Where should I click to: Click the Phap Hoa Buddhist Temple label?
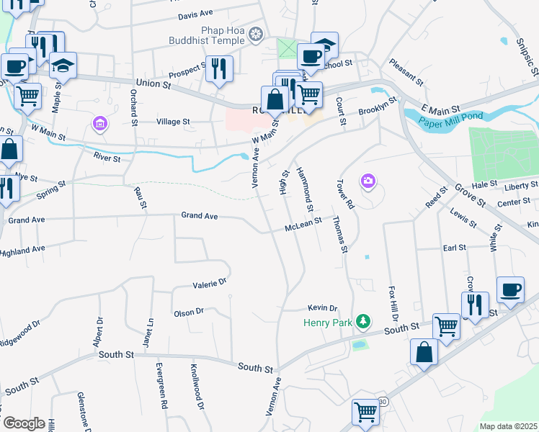pos(209,37)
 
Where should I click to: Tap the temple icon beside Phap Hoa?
pos(254,35)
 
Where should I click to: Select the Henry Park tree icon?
pos(365,321)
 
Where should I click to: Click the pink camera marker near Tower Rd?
pos(368,180)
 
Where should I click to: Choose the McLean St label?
pos(303,227)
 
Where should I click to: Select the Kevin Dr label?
pos(322,307)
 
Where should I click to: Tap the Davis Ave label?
pos(196,14)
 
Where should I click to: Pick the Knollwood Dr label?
pos(194,384)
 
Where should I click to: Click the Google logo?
pos(24,423)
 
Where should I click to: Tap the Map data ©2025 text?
pos(508,426)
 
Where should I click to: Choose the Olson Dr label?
pos(189,312)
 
